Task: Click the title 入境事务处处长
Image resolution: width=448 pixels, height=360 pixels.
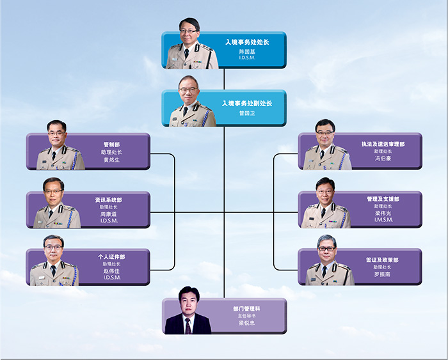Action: (247, 42)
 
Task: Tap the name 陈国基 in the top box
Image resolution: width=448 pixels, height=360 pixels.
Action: (247, 52)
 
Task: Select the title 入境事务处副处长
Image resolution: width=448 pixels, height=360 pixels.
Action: (247, 104)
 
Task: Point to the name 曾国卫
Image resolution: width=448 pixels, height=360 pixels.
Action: (247, 113)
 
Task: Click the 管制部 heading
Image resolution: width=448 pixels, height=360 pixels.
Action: (112, 145)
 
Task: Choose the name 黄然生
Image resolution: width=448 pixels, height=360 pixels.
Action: (112, 160)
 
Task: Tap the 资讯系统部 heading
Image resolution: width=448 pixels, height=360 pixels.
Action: (109, 200)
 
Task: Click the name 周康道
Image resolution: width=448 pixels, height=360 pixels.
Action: (109, 214)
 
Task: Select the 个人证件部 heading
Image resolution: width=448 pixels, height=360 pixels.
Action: (111, 256)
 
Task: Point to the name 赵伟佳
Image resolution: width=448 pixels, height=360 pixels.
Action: (111, 271)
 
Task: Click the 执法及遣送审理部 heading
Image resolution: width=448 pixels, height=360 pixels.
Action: (383, 144)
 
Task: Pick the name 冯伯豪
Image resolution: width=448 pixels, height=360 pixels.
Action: (383, 158)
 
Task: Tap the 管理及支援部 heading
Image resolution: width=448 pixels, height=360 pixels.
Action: (383, 199)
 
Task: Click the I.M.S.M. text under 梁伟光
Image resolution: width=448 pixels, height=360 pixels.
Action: (383, 219)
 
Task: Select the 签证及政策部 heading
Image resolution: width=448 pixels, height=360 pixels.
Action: (382, 260)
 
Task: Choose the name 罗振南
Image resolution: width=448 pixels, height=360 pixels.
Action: (382, 274)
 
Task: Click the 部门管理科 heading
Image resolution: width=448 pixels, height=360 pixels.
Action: (247, 309)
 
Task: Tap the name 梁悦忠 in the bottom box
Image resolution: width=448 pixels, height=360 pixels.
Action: (247, 323)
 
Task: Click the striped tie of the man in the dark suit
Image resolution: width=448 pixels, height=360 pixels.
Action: (188, 326)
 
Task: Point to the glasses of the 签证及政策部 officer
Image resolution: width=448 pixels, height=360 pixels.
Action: (326, 249)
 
